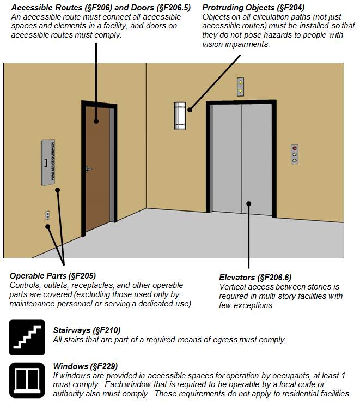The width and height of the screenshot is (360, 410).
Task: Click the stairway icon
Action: pyautogui.click(x=27, y=337)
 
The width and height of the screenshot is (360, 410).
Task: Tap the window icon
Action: pyautogui.click(x=27, y=379)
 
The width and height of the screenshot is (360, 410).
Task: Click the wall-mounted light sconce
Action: pyautogui.click(x=180, y=115)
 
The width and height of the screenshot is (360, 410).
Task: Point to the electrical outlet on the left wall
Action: pyautogui.click(x=47, y=216)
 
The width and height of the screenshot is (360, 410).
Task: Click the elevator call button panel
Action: pyautogui.click(x=295, y=154)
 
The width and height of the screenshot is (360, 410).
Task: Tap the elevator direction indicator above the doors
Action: pyautogui.click(x=240, y=87)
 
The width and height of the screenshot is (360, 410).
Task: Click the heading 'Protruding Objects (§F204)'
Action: pyautogui.click(x=253, y=8)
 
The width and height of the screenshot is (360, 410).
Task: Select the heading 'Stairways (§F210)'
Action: pyautogui.click(x=87, y=330)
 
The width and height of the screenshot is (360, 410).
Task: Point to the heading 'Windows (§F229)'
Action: pyautogui.click(x=86, y=366)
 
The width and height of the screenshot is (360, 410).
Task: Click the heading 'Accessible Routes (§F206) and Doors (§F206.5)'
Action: pyautogui.click(x=101, y=8)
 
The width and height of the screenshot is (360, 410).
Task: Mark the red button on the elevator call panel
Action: pyautogui.click(x=295, y=148)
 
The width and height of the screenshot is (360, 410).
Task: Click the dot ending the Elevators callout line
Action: pyautogui.click(x=249, y=204)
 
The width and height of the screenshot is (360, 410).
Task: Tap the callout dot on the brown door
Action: pyautogui.click(x=96, y=122)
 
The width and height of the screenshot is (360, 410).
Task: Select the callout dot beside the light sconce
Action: pyautogui.click(x=190, y=110)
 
